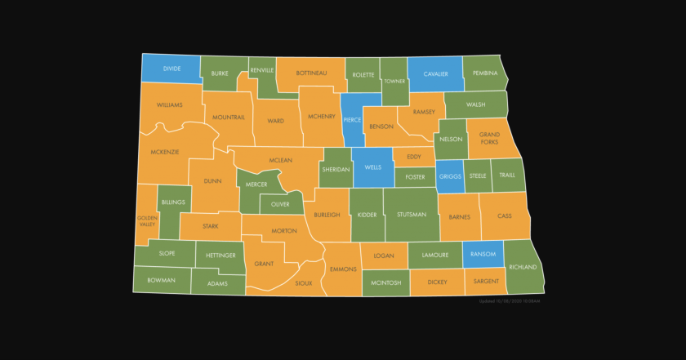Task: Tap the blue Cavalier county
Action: point(434,74)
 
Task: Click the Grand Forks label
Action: point(489,138)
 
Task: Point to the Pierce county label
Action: point(353,120)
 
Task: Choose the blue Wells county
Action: point(373,167)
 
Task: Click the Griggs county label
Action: point(450,176)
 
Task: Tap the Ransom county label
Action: point(483,254)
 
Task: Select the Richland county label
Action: point(523,267)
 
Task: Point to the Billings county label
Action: point(173,202)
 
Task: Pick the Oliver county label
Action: point(281,204)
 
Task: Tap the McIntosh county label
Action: point(385,282)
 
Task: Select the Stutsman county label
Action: point(411,215)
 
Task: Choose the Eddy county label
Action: point(414,156)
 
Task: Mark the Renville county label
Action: point(262,71)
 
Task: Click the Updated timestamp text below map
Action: point(510,301)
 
